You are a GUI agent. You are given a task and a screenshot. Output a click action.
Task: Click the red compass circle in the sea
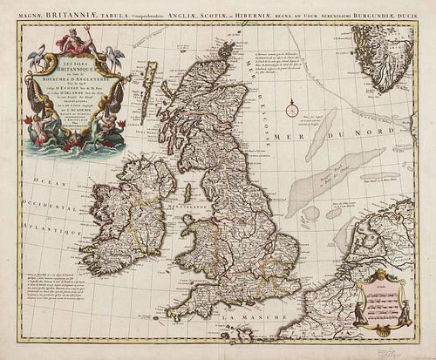click(289, 109)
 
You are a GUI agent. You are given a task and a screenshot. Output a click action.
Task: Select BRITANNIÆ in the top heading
click(75, 10)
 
